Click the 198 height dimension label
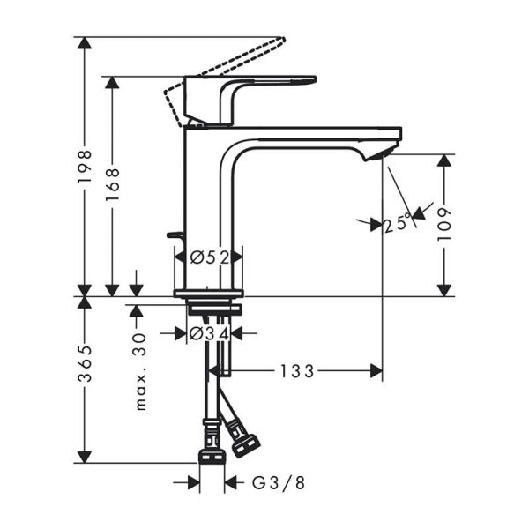pyautogui.click(x=85, y=167)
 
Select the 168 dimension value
pyautogui.click(x=112, y=186)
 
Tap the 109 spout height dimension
pyautogui.click(x=446, y=225)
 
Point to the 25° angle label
pyautogui.click(x=399, y=224)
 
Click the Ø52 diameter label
pyautogui.click(x=209, y=257)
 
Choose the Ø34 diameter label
pyautogui.click(x=209, y=334)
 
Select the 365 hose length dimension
pyautogui.click(x=85, y=375)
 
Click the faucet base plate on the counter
pyautogui.click(x=208, y=294)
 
